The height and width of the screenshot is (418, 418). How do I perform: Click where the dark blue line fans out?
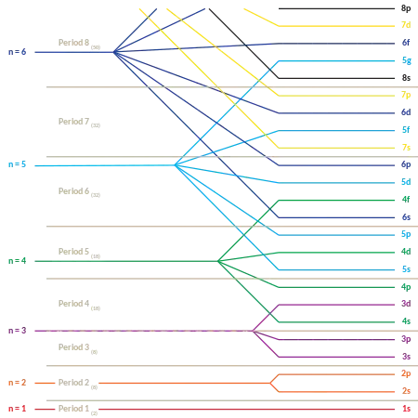click(119, 52)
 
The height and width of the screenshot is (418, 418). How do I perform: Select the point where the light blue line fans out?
click(176, 164)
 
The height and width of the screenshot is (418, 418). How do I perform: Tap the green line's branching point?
click(220, 261)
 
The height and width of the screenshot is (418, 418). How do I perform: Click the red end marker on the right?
click(406, 408)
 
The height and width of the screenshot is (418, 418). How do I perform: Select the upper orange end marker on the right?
click(406, 374)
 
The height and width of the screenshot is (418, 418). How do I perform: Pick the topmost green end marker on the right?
click(406, 200)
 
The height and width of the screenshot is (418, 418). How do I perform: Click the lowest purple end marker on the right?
click(406, 358)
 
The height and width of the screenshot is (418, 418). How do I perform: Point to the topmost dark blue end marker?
click(406, 43)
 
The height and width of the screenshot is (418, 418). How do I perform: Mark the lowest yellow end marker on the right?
click(406, 147)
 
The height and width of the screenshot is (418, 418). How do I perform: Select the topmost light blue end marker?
click(406, 61)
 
